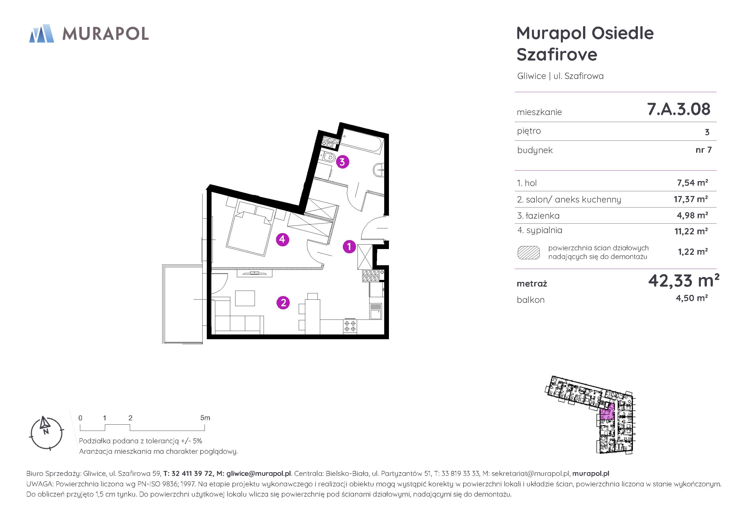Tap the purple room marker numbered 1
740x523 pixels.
coord(349,247)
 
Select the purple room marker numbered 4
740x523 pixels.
coord(282,239)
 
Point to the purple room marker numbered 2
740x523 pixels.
coord(283,303)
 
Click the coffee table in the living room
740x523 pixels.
coord(245,298)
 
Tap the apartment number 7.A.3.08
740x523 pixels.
coord(679,109)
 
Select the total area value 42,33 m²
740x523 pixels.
coord(684,281)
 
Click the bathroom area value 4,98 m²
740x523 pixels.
coord(692,215)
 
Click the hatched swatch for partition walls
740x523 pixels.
coord(528,253)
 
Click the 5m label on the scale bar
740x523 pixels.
coord(205,418)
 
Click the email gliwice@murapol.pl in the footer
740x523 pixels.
coord(259,474)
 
